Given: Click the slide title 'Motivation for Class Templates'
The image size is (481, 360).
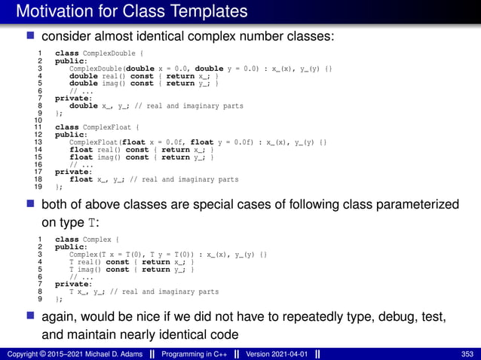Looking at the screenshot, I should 132,12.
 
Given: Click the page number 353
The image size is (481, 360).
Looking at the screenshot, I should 467,353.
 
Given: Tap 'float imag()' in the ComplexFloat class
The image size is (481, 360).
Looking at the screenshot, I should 93,157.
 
